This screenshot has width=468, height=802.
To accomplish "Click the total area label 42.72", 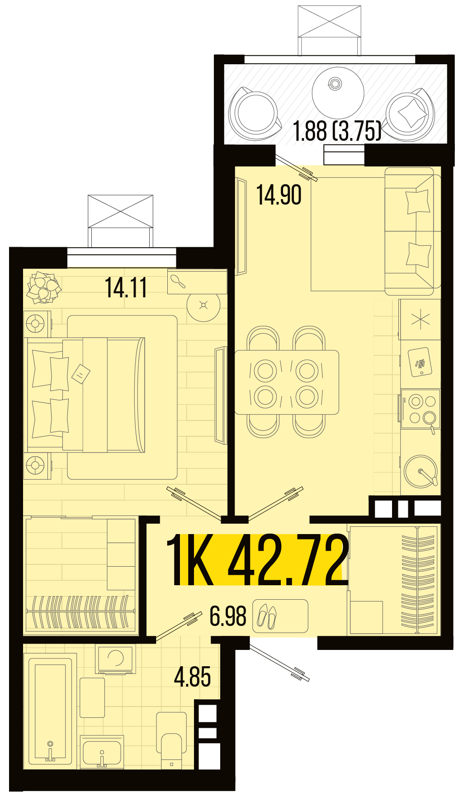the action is (288, 560).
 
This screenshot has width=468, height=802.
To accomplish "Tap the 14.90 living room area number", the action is (279, 195).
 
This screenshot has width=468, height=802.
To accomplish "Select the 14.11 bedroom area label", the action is (126, 287).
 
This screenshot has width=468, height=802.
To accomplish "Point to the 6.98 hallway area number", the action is (228, 616).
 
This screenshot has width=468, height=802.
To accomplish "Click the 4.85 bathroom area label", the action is (192, 677).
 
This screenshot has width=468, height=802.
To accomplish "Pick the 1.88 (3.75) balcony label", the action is (337, 131).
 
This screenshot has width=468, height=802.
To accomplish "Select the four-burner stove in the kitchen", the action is (420, 409).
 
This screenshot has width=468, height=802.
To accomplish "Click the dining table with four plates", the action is (287, 382).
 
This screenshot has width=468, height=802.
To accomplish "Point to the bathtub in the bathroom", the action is (50, 711).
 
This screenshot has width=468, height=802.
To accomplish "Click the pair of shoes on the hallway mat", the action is (267, 616).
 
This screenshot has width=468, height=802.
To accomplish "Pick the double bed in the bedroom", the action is (86, 394).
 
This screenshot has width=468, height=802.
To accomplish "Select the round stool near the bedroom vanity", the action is (203, 306).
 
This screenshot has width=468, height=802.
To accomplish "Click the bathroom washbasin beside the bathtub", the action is (102, 752).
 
